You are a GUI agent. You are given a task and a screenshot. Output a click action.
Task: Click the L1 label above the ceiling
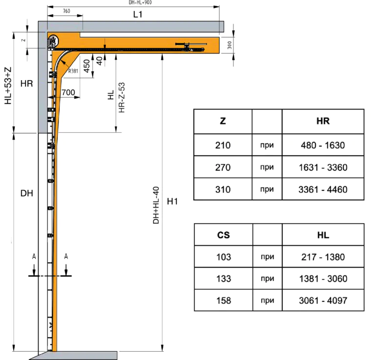click(138, 15)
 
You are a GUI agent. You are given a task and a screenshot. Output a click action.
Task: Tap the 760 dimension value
click(66, 11)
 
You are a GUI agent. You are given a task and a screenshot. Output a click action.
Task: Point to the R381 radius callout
click(73, 71)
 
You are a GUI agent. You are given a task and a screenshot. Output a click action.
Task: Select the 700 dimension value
click(68, 92)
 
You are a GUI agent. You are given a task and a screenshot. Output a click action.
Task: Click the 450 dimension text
click(86, 66)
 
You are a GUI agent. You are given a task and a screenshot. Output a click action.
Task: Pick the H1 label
click(172, 201)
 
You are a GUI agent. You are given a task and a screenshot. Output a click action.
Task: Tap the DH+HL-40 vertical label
click(156, 205)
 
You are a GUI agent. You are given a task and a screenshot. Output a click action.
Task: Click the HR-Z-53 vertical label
click(122, 98)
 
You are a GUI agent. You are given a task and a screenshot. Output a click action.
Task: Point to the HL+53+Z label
click(8, 85)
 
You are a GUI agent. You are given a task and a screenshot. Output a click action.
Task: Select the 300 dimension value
click(229, 45)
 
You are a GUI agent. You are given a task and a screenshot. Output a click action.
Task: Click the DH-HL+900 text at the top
click(140, 2)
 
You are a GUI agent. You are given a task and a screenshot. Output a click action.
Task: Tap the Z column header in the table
click(223, 121)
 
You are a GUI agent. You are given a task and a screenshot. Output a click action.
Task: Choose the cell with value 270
click(223, 167)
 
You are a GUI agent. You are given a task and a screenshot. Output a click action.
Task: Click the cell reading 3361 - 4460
click(323, 190)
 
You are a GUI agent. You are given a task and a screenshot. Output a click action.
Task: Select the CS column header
click(223, 235)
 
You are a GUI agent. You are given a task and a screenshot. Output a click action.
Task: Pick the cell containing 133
click(224, 279)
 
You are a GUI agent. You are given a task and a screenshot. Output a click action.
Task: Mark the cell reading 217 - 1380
click(323, 257)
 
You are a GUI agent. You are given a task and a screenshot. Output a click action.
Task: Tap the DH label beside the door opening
click(26, 193)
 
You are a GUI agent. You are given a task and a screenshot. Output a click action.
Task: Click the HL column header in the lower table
click(323, 235)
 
